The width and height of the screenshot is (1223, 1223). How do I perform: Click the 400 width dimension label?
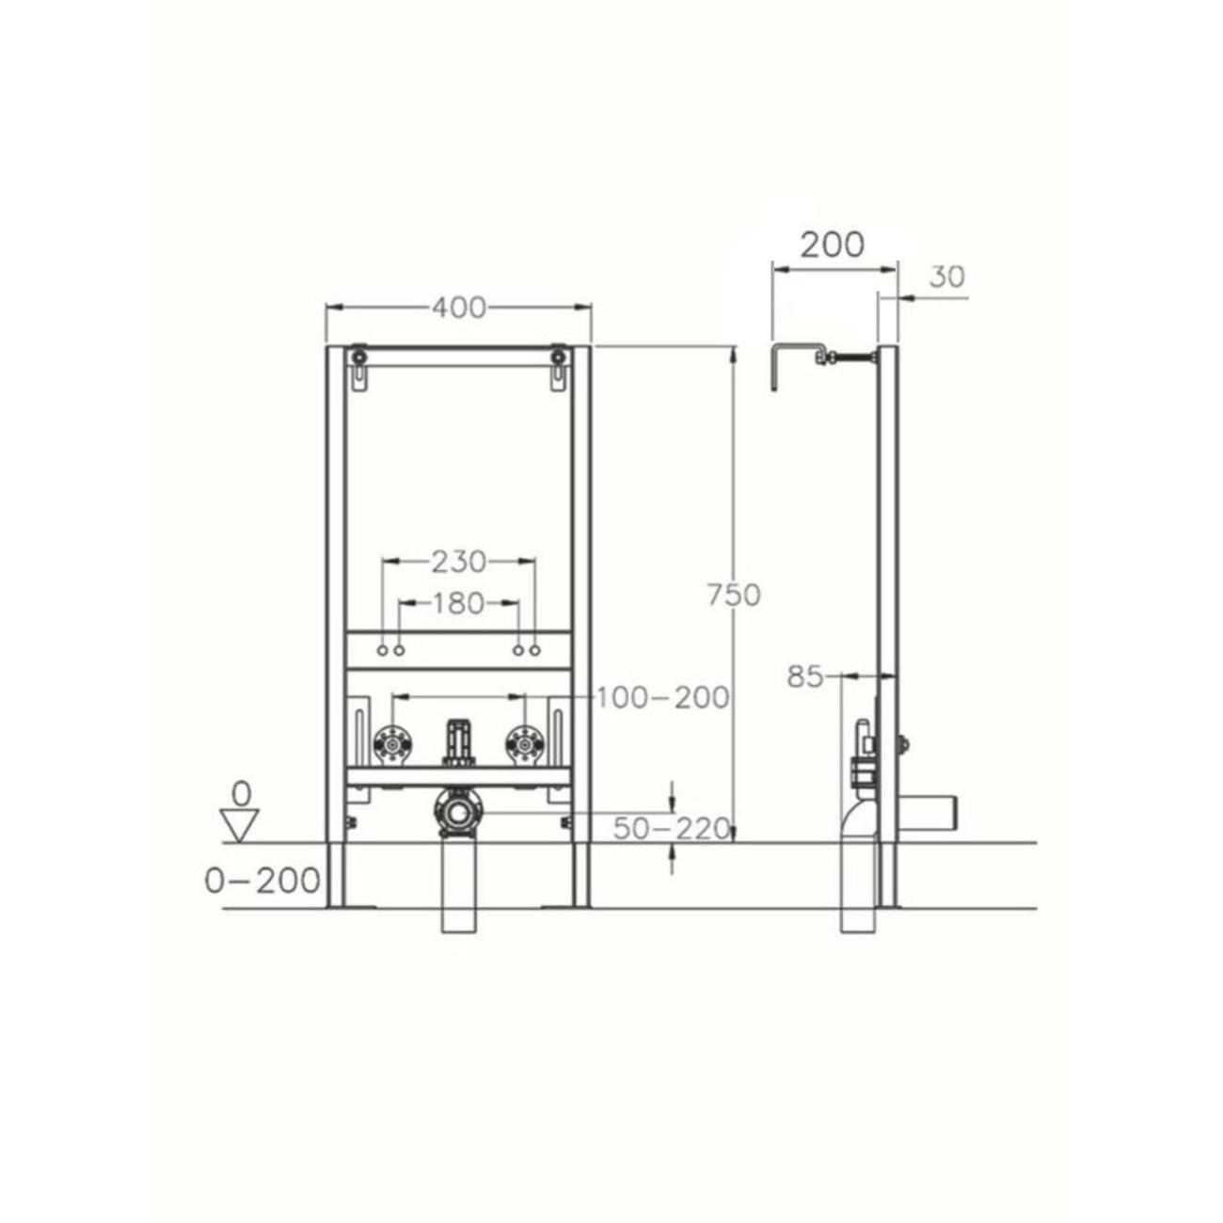459,308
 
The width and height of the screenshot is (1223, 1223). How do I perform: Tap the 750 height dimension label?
735,596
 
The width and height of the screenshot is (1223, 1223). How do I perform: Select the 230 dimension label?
459,561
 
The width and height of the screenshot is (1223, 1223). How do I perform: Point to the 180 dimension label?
458,603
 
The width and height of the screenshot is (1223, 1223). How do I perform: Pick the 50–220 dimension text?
672,829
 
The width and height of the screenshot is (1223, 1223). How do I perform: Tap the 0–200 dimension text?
262,881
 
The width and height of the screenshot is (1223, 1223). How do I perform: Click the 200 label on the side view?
832,245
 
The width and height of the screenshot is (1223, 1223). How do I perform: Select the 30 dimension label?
947,277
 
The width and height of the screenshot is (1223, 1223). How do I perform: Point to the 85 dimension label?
804,677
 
